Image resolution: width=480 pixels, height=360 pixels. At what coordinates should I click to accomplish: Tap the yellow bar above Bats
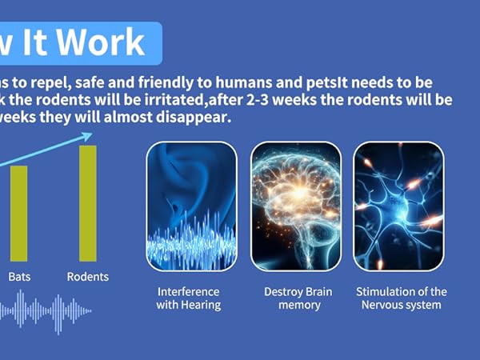click(19, 214)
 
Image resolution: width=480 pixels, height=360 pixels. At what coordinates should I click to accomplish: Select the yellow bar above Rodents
click(88, 203)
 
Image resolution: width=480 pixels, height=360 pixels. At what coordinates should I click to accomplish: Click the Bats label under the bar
click(19, 277)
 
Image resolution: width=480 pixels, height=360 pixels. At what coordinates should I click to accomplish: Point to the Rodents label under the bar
click(88, 277)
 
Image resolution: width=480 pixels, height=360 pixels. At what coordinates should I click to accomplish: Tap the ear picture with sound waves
click(192, 206)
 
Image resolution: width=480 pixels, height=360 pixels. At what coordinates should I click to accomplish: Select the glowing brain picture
click(296, 206)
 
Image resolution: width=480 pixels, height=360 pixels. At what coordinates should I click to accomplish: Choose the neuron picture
click(398, 206)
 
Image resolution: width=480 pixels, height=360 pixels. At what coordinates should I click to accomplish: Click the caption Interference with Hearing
click(189, 298)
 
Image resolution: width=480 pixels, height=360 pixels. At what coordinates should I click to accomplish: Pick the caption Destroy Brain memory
click(298, 298)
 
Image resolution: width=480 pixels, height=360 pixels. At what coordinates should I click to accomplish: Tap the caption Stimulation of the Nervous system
click(402, 298)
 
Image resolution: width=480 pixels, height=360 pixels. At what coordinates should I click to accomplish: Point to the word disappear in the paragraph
click(194, 118)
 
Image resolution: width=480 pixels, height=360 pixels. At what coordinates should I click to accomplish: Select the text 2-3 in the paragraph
click(258, 100)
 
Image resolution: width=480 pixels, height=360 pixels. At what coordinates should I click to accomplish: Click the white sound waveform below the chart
click(46, 311)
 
